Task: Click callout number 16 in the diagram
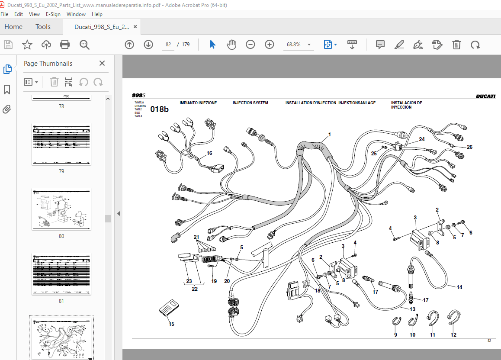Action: [x=209, y=153]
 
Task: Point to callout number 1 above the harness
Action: [x=329, y=135]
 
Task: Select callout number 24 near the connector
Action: [x=422, y=139]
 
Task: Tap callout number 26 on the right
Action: [x=469, y=147]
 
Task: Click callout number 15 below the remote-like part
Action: [x=172, y=324]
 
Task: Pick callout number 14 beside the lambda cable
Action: [x=459, y=287]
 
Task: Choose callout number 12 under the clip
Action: [x=453, y=335]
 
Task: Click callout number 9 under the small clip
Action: [x=395, y=335]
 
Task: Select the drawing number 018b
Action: [x=159, y=109]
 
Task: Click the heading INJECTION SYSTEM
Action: [x=250, y=103]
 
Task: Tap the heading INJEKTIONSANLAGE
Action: [x=357, y=103]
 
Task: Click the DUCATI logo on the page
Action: [x=485, y=96]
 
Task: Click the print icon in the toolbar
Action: [x=65, y=45]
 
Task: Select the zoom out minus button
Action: [x=250, y=45]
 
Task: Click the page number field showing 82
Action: [x=169, y=45]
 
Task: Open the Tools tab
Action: [x=43, y=27]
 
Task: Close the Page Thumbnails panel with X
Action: [x=102, y=64]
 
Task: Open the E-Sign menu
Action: [x=53, y=14]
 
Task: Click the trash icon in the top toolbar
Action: [x=456, y=45]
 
